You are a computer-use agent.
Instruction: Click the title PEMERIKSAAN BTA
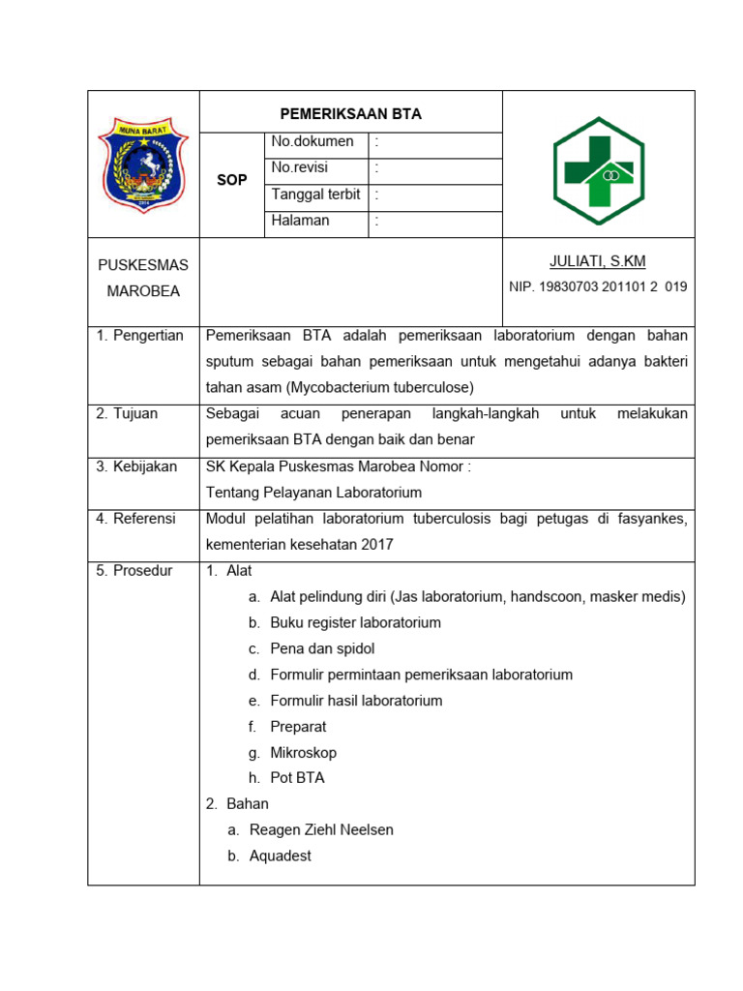click(351, 113)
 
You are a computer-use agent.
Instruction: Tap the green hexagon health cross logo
click(598, 171)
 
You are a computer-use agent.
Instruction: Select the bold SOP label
click(232, 180)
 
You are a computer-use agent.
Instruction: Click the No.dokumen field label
click(312, 142)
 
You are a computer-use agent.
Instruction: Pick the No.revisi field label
click(300, 167)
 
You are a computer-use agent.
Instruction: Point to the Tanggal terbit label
click(315, 195)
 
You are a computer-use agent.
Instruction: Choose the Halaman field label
click(300, 221)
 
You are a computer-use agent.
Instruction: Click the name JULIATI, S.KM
click(597, 261)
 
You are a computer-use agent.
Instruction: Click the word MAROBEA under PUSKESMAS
click(143, 291)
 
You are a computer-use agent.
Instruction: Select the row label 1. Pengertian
click(139, 336)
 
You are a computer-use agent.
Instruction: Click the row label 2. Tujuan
click(127, 414)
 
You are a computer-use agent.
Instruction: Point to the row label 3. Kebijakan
click(136, 466)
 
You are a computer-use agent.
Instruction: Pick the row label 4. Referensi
click(135, 519)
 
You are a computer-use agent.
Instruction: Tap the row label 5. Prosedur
click(134, 571)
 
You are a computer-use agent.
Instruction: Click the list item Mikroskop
click(304, 752)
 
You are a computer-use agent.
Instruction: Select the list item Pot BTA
click(297, 778)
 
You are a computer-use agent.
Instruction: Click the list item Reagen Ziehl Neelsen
click(321, 830)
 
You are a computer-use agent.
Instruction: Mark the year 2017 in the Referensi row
click(377, 544)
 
